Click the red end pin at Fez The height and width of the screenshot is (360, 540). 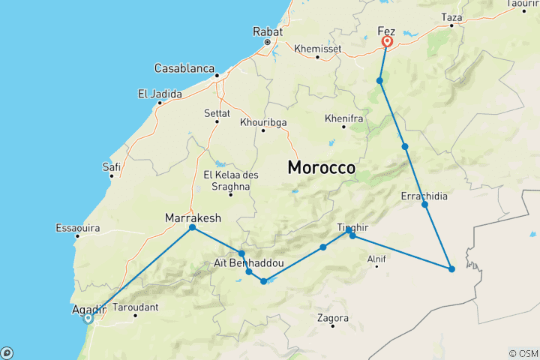tap(388, 42)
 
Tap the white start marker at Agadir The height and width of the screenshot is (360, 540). tap(88, 318)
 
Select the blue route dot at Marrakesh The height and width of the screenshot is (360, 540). tap(193, 227)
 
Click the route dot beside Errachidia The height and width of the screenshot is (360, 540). tap(424, 205)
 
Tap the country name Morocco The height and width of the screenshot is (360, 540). tap(321, 168)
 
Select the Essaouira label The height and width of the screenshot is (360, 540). tap(77, 227)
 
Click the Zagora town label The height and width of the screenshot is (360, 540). tap(333, 318)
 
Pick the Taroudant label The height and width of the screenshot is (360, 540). tap(135, 307)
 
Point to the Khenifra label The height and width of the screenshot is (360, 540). tap(344, 118)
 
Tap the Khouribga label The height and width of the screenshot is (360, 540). tap(263, 121)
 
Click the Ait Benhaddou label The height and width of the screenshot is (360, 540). tap(249, 263)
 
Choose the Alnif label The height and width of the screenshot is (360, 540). tap(376, 259)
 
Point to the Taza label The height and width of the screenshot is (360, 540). tap(451, 16)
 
